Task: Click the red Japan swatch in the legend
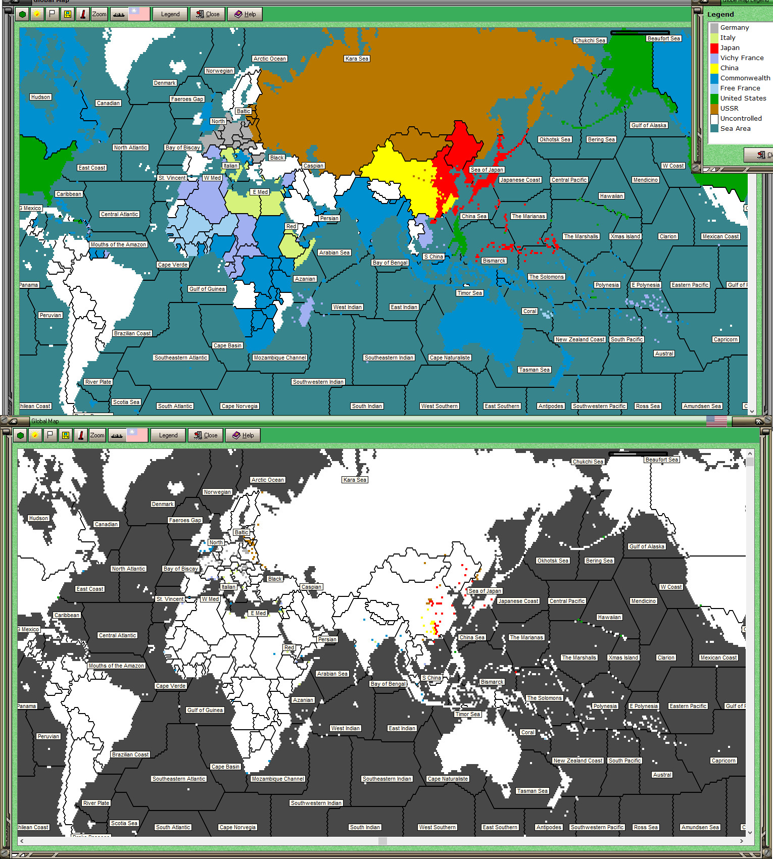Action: click(x=714, y=48)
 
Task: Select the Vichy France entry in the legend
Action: click(x=741, y=58)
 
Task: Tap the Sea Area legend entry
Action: click(x=735, y=129)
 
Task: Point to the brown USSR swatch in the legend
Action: click(x=714, y=109)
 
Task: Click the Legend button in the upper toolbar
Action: click(x=170, y=14)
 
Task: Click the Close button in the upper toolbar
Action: click(x=208, y=14)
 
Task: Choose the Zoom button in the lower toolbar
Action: click(x=98, y=435)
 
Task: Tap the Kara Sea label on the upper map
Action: click(x=357, y=59)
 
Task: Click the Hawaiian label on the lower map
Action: click(x=609, y=617)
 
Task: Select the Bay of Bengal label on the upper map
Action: click(x=390, y=263)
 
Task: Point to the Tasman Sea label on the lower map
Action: click(x=532, y=791)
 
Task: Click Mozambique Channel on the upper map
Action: click(x=280, y=358)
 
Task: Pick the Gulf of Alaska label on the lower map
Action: click(x=647, y=546)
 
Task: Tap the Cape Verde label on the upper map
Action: click(x=173, y=265)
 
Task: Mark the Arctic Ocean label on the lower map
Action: click(x=268, y=480)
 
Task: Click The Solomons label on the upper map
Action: click(x=546, y=277)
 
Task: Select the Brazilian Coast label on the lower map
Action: click(x=130, y=754)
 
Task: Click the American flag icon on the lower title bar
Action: click(x=716, y=421)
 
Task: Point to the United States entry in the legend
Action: click(x=743, y=98)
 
